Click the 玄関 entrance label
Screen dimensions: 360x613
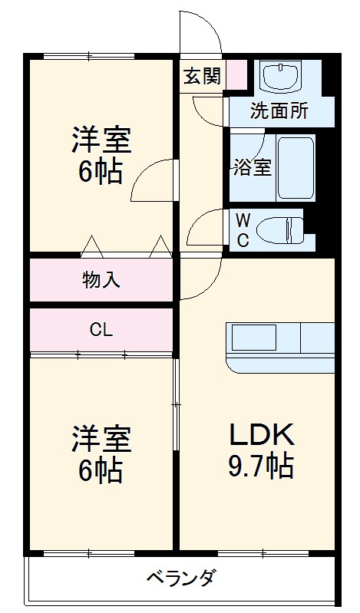coord(203,76)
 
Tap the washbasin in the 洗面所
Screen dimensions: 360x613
coord(281,77)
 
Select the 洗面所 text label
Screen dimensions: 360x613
coord(279,110)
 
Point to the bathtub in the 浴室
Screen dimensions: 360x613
coord(296,167)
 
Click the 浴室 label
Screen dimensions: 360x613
coord(253,167)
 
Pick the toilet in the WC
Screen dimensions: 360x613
coord(281,230)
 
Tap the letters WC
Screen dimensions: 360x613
coord(243,231)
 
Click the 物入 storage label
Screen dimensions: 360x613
coord(101,279)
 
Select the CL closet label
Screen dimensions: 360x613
coord(101,331)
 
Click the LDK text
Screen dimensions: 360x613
coord(262,435)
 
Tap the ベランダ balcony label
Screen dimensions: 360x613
coord(181,577)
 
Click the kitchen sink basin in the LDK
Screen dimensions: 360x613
coord(254,337)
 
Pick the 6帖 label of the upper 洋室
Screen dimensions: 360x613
coord(101,172)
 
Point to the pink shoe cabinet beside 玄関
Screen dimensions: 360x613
coord(236,74)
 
